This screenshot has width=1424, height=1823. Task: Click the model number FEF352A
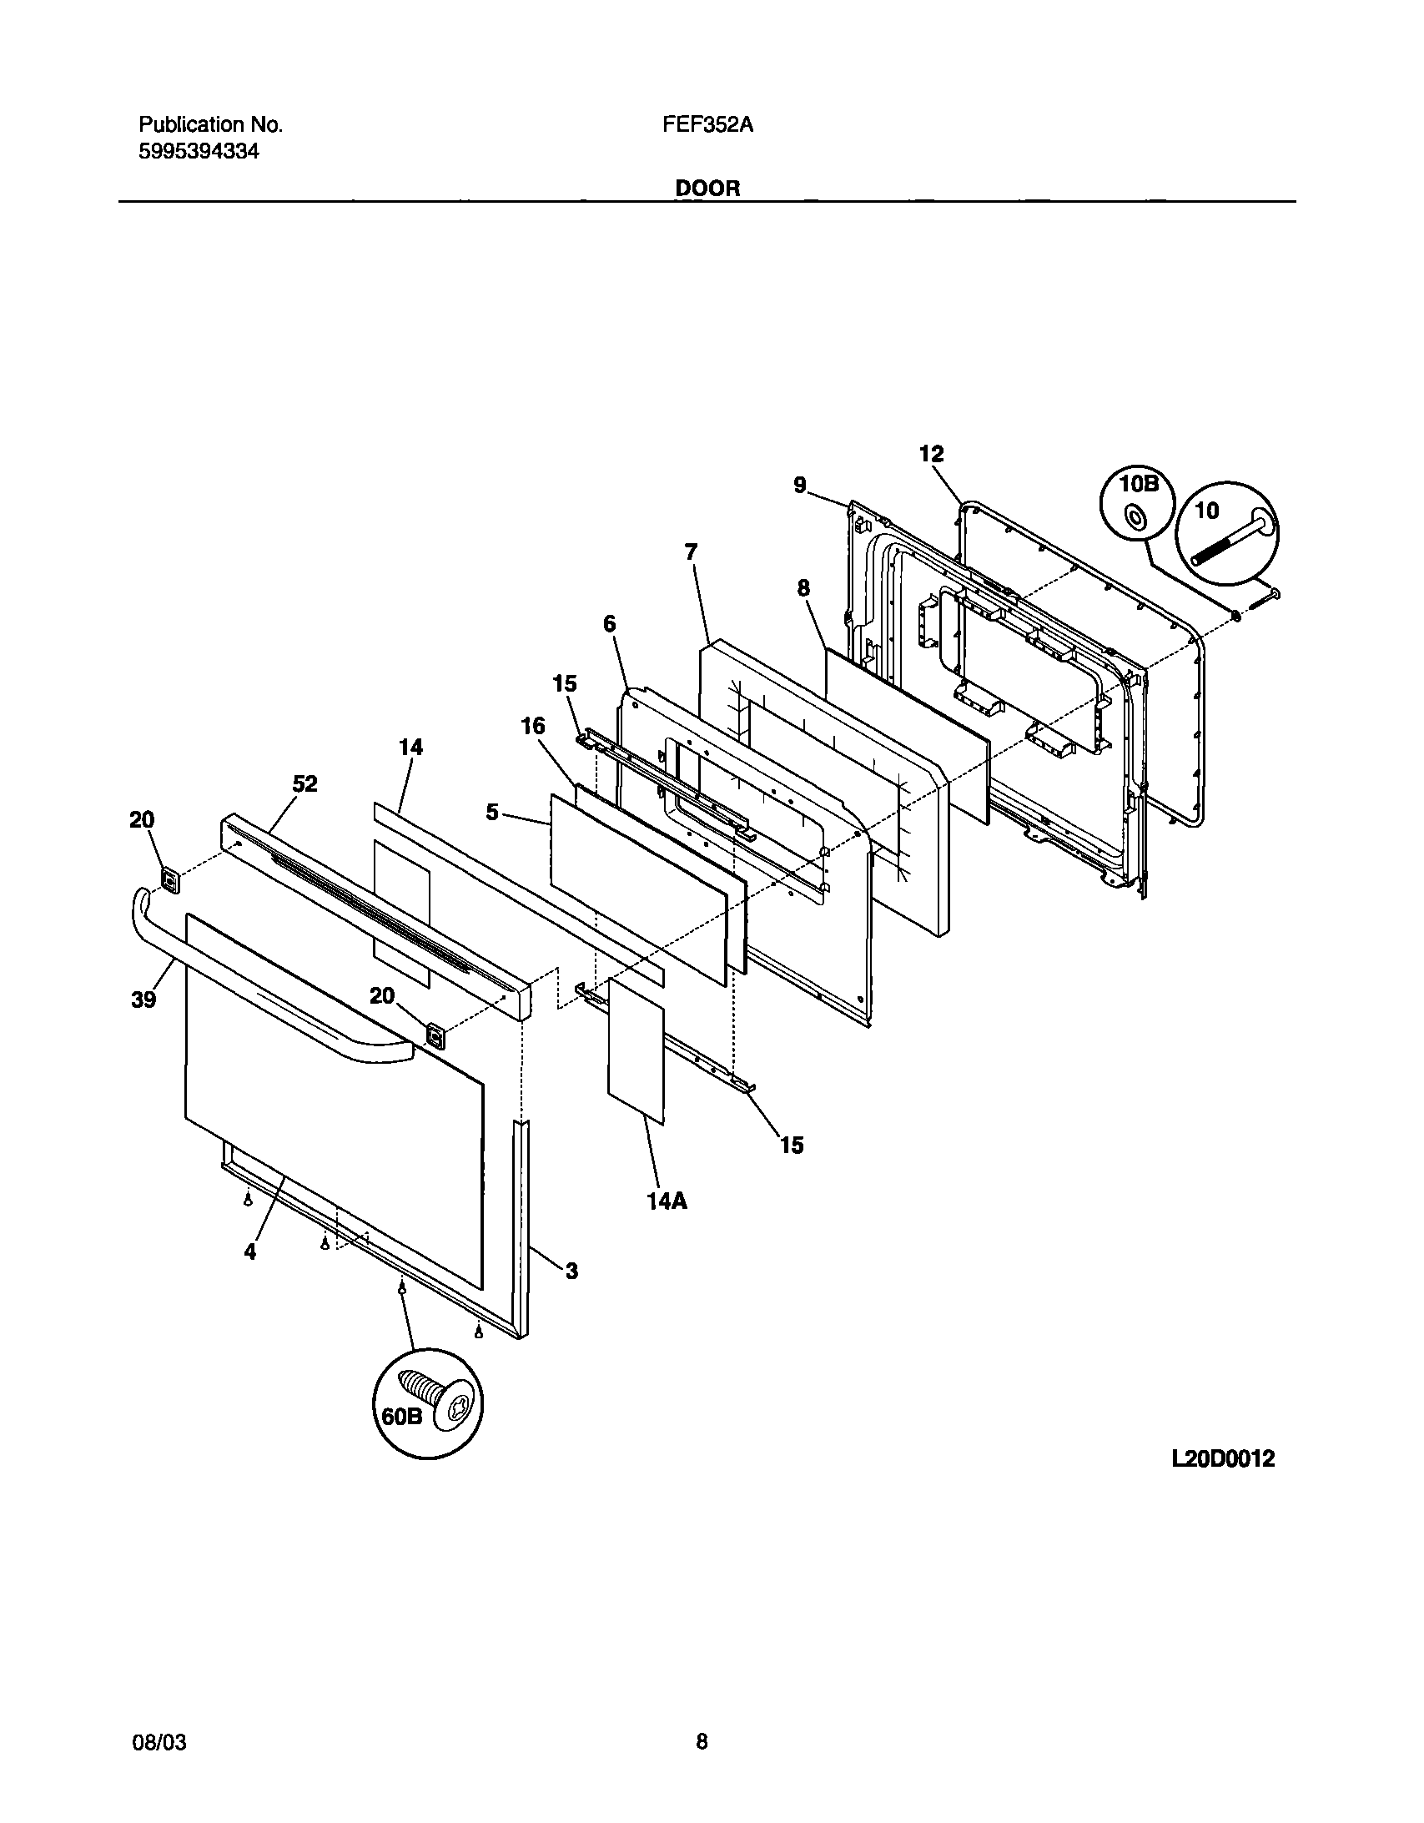click(x=707, y=125)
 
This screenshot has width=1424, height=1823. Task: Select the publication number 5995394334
click(x=199, y=152)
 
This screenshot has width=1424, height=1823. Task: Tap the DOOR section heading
click(x=707, y=189)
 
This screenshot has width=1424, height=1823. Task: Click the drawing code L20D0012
click(x=1222, y=1458)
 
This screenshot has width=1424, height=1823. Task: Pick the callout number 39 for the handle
click(x=143, y=1000)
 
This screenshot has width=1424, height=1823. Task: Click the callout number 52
click(x=304, y=783)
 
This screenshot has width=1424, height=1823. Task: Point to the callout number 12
click(x=931, y=454)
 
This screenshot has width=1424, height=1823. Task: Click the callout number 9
click(x=800, y=485)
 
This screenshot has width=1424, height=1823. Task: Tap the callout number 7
click(x=691, y=551)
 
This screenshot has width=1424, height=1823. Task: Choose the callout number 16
click(x=532, y=726)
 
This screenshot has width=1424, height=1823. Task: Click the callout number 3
click(x=571, y=1272)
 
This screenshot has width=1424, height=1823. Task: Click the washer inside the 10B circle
click(x=1135, y=519)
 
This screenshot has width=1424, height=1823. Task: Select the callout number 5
click(x=492, y=811)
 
